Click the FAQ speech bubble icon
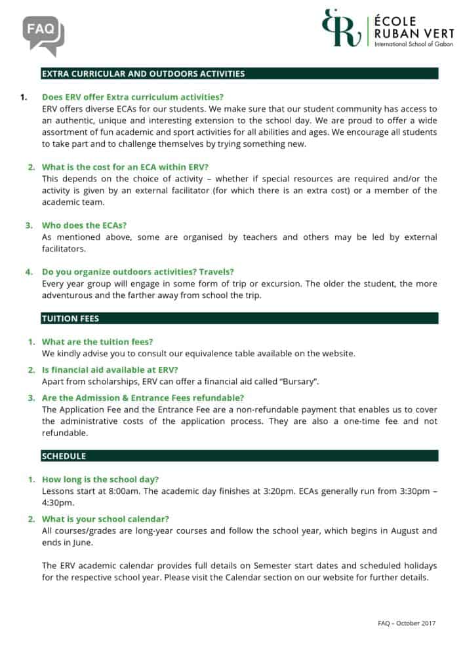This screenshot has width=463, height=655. point(43,34)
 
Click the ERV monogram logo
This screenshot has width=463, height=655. point(342,28)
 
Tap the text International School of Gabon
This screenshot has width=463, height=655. point(405,43)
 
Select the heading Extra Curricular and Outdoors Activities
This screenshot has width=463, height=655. point(143,74)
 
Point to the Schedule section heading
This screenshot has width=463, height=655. point(64,456)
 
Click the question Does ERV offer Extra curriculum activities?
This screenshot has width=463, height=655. point(132,98)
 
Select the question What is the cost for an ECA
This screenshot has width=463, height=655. point(125,167)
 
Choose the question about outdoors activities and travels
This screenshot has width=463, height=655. point(138,272)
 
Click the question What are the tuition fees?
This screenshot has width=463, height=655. point(97,342)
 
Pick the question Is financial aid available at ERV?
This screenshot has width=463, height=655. point(110,370)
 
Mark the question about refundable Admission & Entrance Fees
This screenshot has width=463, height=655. point(143,398)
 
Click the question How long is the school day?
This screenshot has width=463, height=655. point(100,479)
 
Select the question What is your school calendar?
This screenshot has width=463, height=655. point(106,519)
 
